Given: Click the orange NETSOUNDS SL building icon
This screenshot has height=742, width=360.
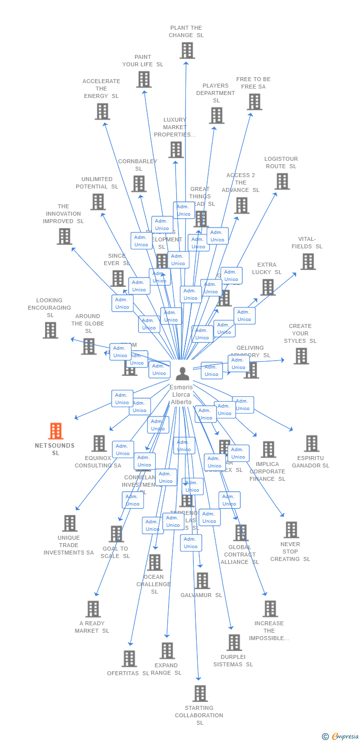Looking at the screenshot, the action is [x=56, y=431].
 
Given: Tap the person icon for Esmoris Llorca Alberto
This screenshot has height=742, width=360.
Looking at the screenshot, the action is [x=182, y=374].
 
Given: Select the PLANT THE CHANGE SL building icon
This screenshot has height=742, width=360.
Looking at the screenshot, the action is [x=187, y=50].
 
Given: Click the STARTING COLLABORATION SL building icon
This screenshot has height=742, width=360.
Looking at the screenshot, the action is [x=200, y=694].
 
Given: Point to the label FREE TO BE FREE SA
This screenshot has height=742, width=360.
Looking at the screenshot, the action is [x=253, y=83].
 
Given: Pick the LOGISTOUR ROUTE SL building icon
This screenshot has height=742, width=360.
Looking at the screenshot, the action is [x=282, y=182].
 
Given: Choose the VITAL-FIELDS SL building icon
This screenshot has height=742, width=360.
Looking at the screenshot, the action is [x=308, y=262].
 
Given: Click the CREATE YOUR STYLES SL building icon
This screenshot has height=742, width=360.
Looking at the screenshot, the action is [x=301, y=356].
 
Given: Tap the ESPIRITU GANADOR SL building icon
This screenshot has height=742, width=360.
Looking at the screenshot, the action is [x=312, y=444].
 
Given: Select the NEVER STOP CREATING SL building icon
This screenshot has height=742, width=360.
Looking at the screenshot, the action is [x=291, y=530].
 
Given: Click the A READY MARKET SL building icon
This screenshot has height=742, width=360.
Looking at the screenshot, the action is [x=93, y=609].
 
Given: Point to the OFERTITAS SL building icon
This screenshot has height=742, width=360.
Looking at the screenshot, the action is [x=130, y=658].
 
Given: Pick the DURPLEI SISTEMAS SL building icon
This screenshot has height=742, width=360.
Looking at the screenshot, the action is [x=234, y=643].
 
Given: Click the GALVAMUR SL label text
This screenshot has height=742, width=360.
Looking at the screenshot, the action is [x=201, y=595].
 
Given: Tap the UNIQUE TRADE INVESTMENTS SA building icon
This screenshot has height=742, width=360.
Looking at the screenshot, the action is [x=70, y=523].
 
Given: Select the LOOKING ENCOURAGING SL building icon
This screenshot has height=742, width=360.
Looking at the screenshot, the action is [x=50, y=330].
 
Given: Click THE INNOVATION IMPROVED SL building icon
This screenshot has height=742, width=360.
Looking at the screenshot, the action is [x=64, y=236].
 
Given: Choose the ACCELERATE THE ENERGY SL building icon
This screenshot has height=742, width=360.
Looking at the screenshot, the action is [x=102, y=112].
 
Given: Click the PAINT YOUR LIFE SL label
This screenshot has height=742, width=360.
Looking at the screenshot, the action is [x=143, y=61].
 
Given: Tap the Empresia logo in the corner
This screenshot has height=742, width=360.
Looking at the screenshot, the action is [x=342, y=737].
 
